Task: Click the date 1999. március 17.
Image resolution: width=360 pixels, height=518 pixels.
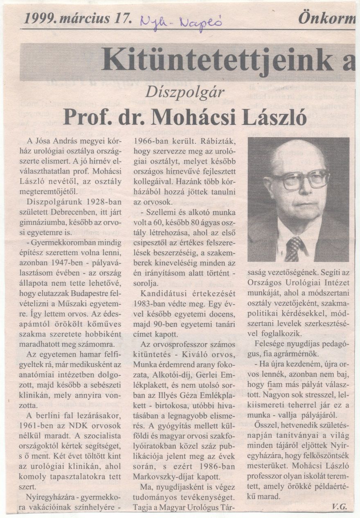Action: pos(78,18)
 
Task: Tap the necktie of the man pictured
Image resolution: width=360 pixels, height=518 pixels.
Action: pos(294,247)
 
